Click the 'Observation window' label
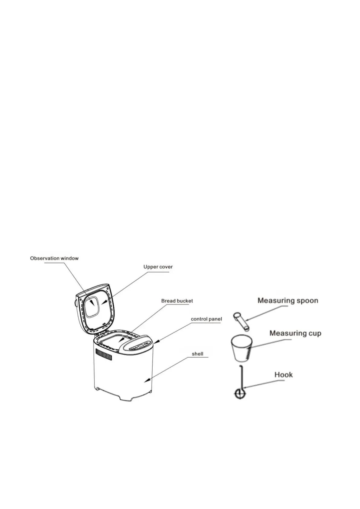(54, 258)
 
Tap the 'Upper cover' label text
(158, 267)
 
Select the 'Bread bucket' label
(177, 301)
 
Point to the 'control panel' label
(206, 319)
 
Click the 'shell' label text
(197, 354)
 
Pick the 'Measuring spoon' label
(288, 301)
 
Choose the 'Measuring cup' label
(295, 333)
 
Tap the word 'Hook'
(284, 375)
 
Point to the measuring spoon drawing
(241, 322)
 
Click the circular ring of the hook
(240, 394)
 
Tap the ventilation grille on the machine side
(104, 354)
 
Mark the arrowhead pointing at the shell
(146, 381)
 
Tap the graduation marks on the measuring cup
(248, 352)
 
